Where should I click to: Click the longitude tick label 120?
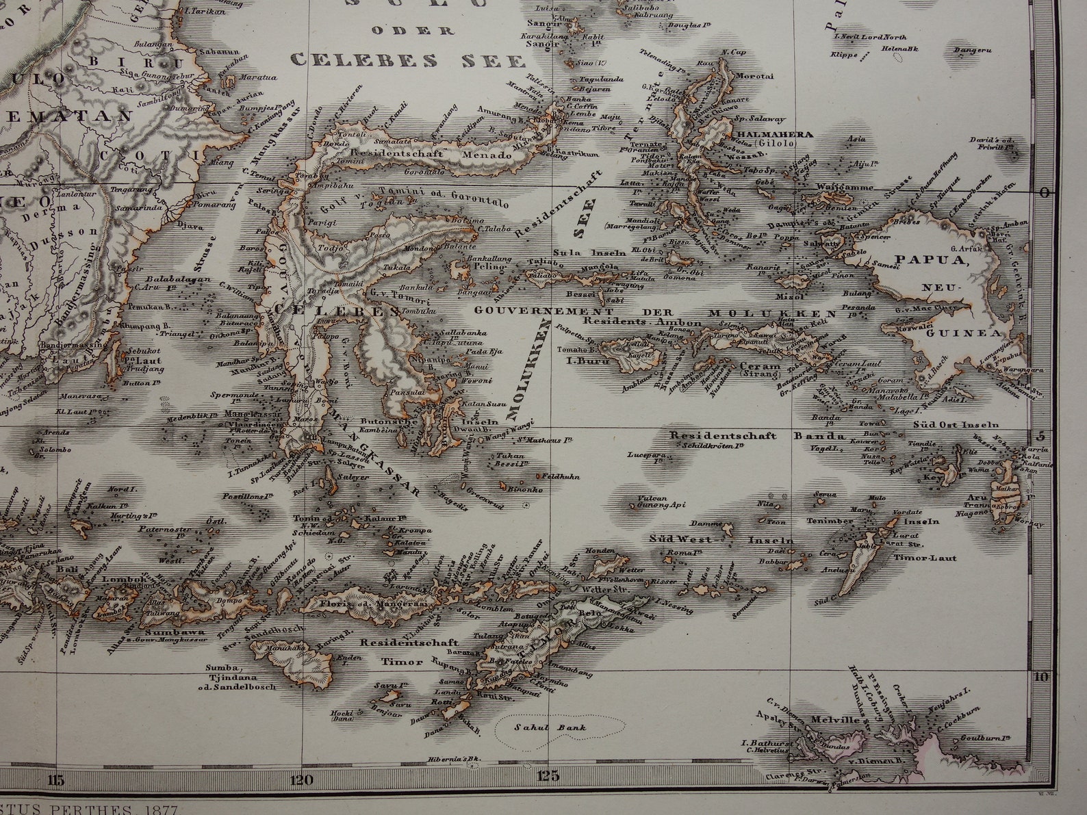302,779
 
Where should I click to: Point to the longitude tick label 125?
548,775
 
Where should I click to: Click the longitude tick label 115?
57,779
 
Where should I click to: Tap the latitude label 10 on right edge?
1041,677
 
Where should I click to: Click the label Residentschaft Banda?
758,436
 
